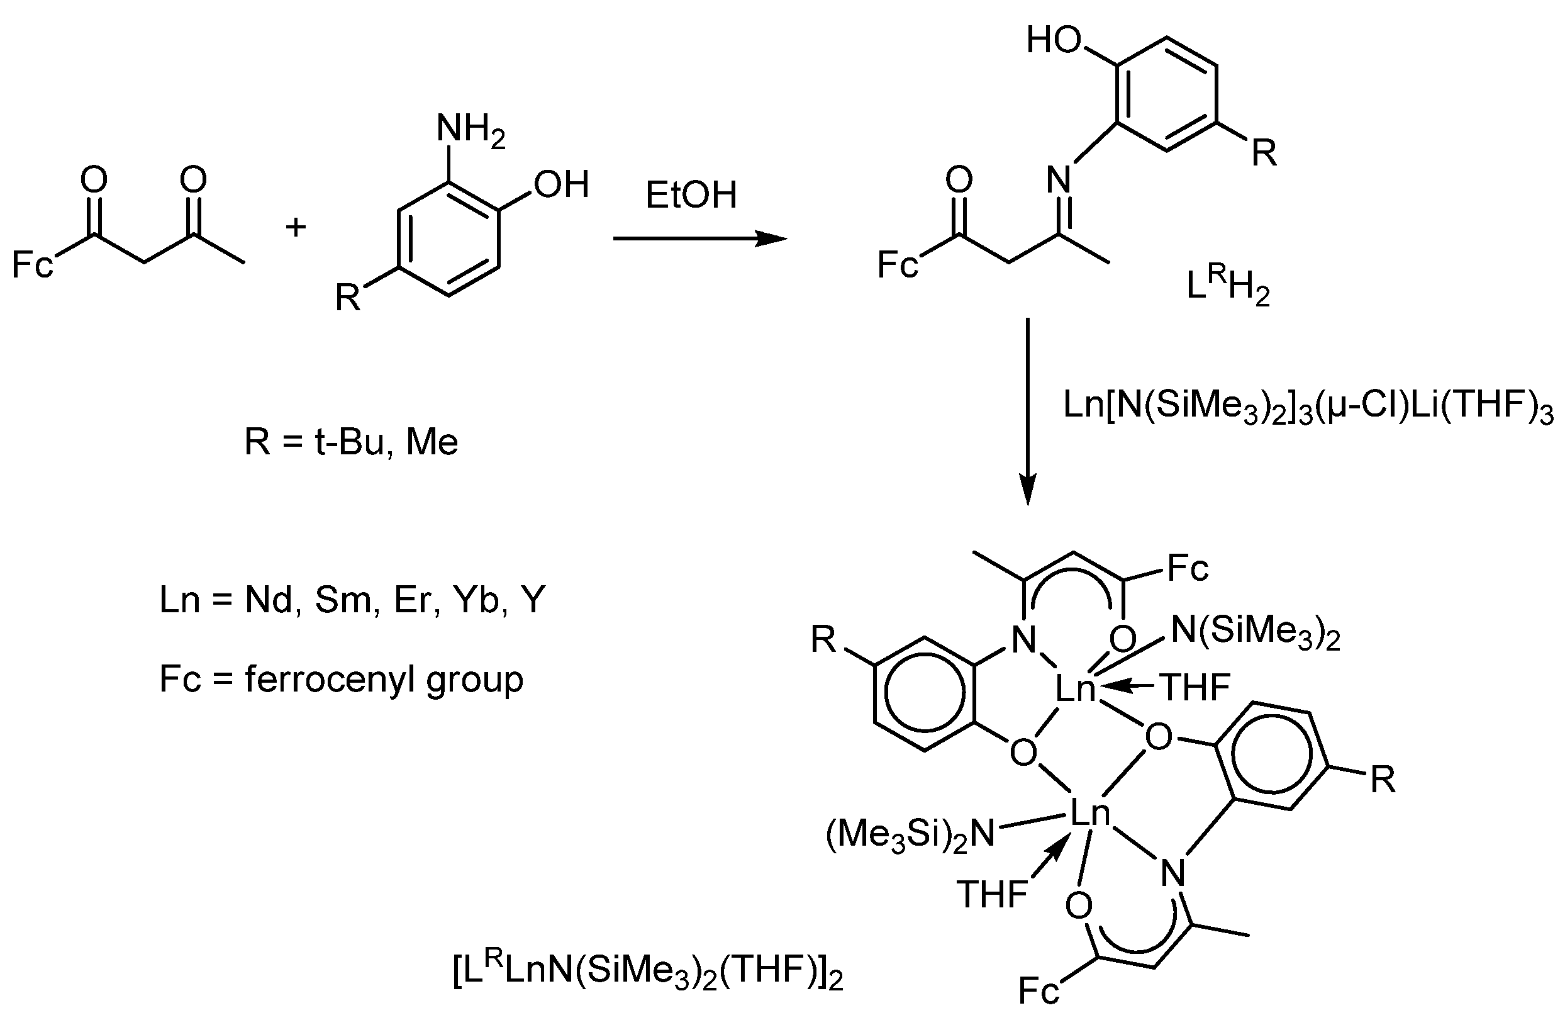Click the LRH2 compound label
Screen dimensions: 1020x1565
click(1227, 288)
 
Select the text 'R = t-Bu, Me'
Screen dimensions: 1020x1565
click(351, 441)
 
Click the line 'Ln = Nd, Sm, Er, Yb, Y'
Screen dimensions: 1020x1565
click(352, 600)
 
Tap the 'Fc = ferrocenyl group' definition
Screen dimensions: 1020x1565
click(342, 679)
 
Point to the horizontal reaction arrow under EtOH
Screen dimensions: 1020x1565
click(699, 238)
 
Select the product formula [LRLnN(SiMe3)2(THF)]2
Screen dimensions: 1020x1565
click(648, 972)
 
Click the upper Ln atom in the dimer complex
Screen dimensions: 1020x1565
click(1076, 688)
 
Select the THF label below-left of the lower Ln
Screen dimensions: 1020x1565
click(992, 894)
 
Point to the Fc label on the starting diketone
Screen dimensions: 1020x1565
click(32, 265)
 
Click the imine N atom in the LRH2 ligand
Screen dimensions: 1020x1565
click(1059, 178)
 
